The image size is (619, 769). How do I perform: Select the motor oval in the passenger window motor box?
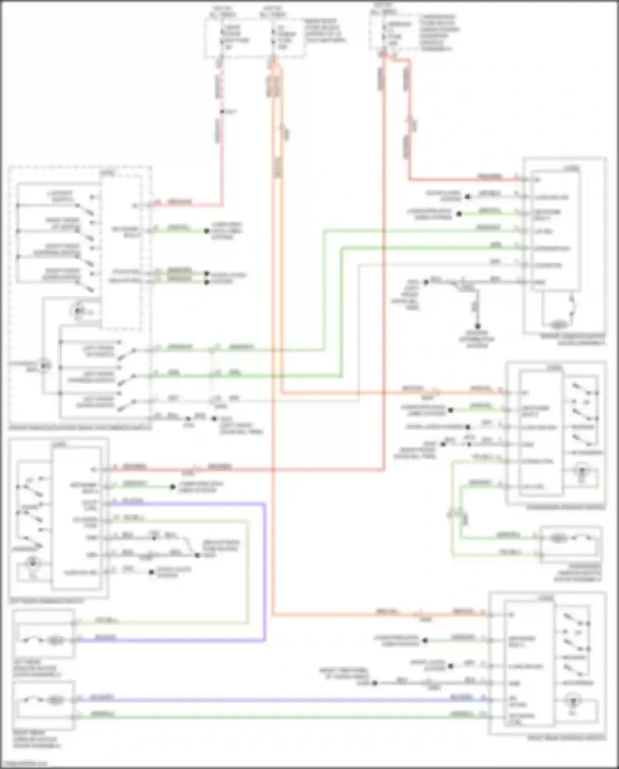pos(558,538)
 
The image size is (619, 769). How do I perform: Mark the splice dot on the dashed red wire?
pos(222,112)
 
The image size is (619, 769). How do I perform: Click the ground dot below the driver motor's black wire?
pos(477,326)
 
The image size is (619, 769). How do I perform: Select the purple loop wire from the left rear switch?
pos(265,579)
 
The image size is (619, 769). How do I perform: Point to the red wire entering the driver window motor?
pos(454,179)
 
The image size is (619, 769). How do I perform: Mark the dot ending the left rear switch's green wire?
pos(173,487)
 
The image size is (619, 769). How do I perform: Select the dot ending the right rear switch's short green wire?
pos(425,640)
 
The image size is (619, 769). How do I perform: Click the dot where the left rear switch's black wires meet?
pos(197,555)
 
